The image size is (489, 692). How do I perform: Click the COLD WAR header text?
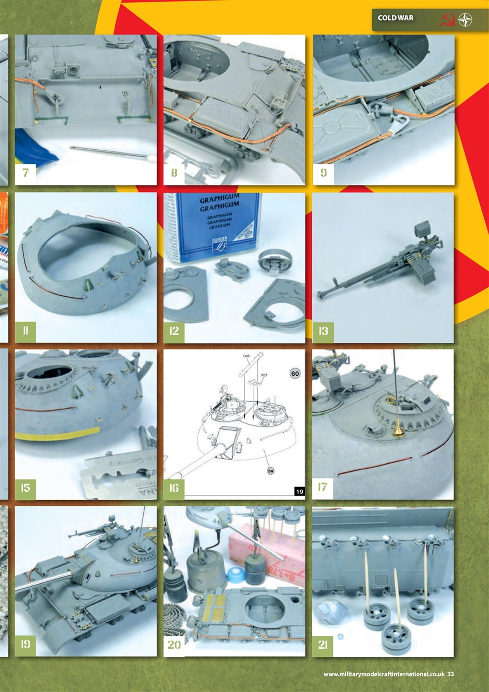pyautogui.click(x=396, y=18)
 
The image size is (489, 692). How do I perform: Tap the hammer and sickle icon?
pyautogui.click(x=447, y=19)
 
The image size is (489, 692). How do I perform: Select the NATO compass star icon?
pyautogui.click(x=465, y=19)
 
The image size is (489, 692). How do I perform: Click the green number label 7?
pyautogui.click(x=25, y=174)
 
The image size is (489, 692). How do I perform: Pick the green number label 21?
pyautogui.click(x=323, y=645)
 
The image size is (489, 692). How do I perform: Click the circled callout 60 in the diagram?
pyautogui.click(x=295, y=374)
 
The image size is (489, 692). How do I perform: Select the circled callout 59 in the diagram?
pyautogui.click(x=271, y=471)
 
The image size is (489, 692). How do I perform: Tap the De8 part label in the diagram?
pyautogui.click(x=247, y=356)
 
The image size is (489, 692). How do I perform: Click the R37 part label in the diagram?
pyautogui.click(x=265, y=375)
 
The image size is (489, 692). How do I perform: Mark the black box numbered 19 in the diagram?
pyautogui.click(x=299, y=491)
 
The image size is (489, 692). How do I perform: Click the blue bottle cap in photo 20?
pyautogui.click(x=236, y=574)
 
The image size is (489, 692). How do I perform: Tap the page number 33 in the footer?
pyautogui.click(x=450, y=674)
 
